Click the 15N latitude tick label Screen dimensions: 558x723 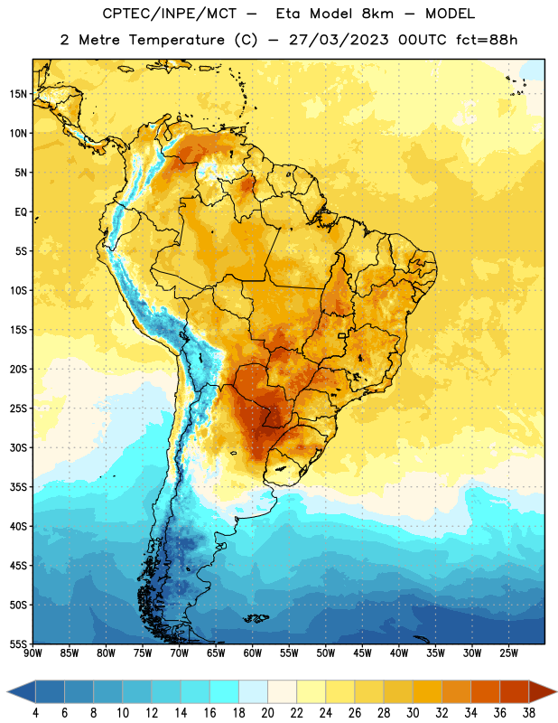18,94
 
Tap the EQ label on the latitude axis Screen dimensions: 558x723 21,212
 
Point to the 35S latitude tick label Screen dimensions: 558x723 18,487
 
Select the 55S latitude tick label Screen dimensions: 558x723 18,643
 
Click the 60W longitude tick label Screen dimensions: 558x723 253,653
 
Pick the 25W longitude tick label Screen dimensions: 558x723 508,653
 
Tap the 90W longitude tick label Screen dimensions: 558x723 33,653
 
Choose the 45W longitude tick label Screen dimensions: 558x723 362,653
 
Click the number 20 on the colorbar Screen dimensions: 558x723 267,713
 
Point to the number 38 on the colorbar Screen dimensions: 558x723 529,713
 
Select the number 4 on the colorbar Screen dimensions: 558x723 35,713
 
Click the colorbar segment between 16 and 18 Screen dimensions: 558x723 225,691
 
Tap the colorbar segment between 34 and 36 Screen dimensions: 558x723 486,691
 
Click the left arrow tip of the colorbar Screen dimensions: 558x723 7,691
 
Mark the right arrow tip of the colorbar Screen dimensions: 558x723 557,691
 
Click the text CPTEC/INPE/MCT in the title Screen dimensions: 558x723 169,14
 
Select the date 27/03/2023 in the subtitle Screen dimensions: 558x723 339,40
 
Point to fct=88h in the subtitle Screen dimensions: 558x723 487,40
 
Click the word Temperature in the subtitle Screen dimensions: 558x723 176,40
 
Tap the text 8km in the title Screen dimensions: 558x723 377,14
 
